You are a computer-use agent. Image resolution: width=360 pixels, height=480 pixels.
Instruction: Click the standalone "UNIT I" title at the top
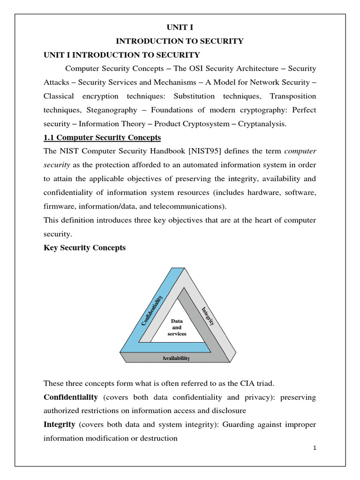point(180,27)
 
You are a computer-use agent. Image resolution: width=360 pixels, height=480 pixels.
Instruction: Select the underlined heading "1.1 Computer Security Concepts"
point(102,138)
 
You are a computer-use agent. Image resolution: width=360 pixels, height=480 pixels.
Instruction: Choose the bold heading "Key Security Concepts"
point(84,247)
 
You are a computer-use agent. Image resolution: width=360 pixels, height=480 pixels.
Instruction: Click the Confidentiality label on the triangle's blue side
point(152,310)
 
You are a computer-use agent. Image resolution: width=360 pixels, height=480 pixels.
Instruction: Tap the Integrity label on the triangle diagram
point(208,316)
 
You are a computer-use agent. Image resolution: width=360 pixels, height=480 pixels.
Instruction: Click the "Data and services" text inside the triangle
point(177,327)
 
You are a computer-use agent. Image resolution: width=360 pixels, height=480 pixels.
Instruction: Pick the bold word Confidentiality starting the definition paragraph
point(71,397)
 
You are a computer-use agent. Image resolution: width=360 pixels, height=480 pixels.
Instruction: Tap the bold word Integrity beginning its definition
point(60,425)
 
